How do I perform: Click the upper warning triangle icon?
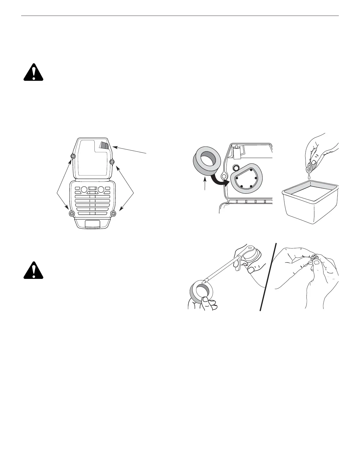[34, 72]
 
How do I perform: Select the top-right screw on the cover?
[111, 161]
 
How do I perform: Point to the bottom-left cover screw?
[70, 213]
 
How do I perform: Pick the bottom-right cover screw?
[114, 213]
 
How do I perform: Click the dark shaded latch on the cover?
[104, 145]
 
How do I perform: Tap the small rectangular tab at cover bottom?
[92, 225]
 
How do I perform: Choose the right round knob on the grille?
[101, 189]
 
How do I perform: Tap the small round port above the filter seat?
[235, 168]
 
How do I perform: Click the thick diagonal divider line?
[268, 277]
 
